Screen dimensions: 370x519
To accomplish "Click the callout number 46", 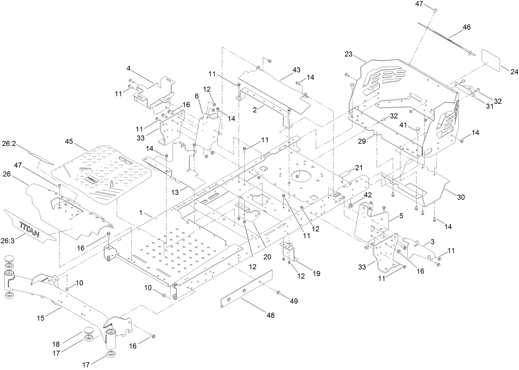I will pyautogui.click(x=467, y=27).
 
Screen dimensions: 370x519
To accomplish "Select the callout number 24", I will pyautogui.click(x=515, y=72).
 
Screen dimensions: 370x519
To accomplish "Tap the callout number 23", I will pyautogui.click(x=348, y=54).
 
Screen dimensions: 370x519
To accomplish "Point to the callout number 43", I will pyautogui.click(x=296, y=70).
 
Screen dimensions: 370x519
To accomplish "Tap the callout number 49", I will pyautogui.click(x=294, y=301).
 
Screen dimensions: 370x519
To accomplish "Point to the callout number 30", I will pyautogui.click(x=461, y=197).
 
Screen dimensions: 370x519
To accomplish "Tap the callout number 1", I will pyautogui.click(x=141, y=213).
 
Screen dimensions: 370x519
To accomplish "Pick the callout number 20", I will pyautogui.click(x=267, y=257).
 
